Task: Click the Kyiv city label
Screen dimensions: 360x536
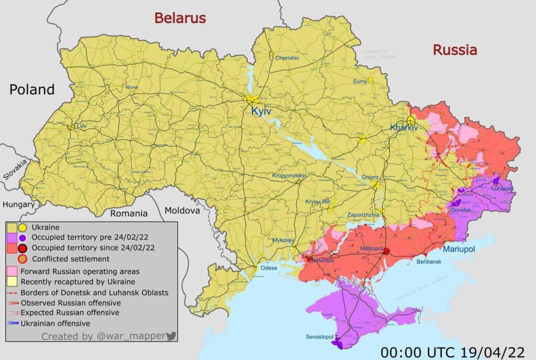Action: (x=261, y=111)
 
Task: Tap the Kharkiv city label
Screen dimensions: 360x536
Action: (x=404, y=128)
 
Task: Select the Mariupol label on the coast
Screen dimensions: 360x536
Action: (x=459, y=250)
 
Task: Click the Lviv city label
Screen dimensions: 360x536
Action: (x=81, y=126)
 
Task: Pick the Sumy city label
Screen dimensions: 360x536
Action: (x=360, y=81)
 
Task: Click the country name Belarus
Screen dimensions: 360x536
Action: (x=180, y=18)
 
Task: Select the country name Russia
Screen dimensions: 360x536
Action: (x=454, y=50)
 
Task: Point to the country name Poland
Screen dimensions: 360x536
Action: (x=32, y=89)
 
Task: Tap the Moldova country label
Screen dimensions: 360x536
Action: (x=182, y=211)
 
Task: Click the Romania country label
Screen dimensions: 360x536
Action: (x=128, y=213)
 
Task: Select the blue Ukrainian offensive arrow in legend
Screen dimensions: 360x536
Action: (x=13, y=323)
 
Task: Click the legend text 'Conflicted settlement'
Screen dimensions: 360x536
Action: (x=71, y=258)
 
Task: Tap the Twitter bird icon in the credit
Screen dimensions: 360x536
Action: (x=171, y=336)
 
